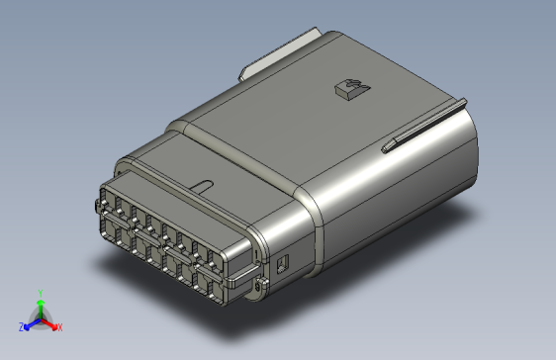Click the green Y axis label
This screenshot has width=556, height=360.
(39, 293)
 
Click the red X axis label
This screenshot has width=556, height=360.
(58, 326)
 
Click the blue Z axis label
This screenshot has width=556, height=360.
(21, 326)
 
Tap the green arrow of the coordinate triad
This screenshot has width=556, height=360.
(39, 307)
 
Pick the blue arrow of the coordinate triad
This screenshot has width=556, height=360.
(30, 323)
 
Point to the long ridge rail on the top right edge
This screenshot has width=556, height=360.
(425, 127)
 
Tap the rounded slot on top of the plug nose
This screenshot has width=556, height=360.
(203, 185)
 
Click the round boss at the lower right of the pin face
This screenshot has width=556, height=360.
(259, 286)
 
